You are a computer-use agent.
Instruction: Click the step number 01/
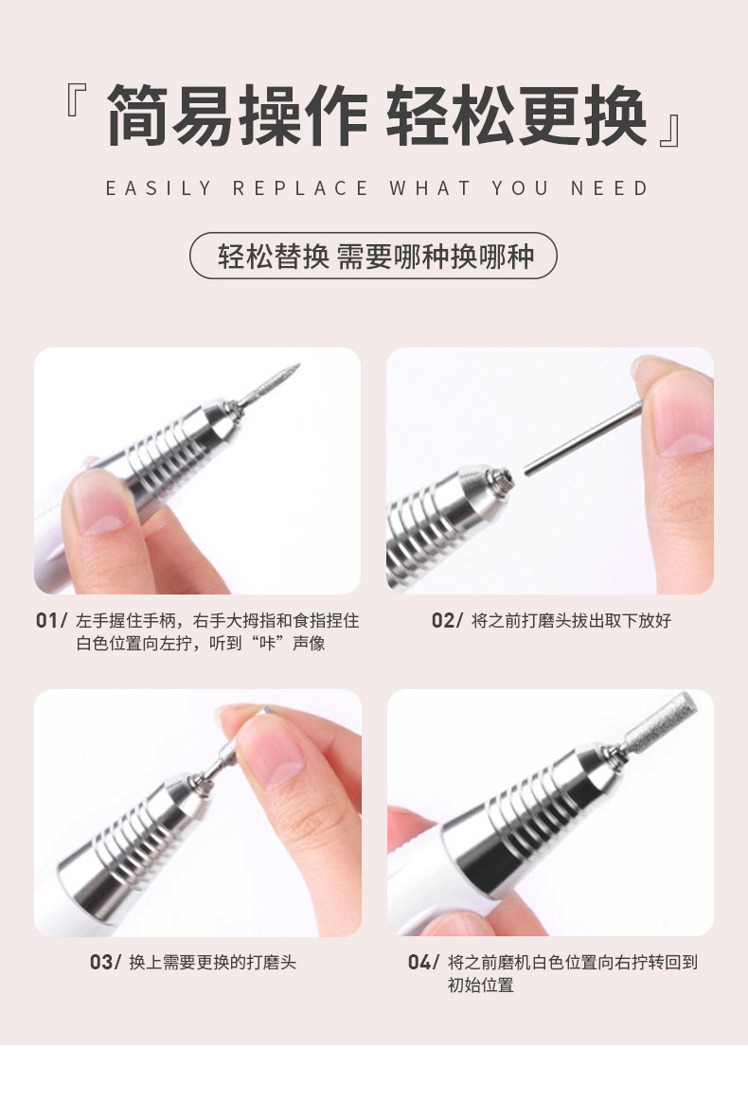coord(51,620)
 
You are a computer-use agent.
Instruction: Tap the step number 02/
coord(447,620)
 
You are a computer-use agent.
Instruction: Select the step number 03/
coord(105,963)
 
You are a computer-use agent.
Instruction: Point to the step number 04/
coord(423,963)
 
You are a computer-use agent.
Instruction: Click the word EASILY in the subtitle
coord(158,188)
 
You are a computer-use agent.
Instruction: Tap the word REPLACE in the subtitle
coord(300,188)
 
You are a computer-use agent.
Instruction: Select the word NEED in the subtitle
coord(609,188)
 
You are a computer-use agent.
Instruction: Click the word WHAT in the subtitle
coord(430,188)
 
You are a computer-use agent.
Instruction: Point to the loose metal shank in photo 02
coord(582,437)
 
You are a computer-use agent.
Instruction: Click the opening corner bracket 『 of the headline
coord(77,100)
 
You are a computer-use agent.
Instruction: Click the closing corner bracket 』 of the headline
coord(671,131)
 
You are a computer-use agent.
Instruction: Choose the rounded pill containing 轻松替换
coord(373,256)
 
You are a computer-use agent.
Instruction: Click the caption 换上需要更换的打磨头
coord(212,963)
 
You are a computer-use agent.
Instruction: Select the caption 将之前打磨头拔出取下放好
coord(571,620)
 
